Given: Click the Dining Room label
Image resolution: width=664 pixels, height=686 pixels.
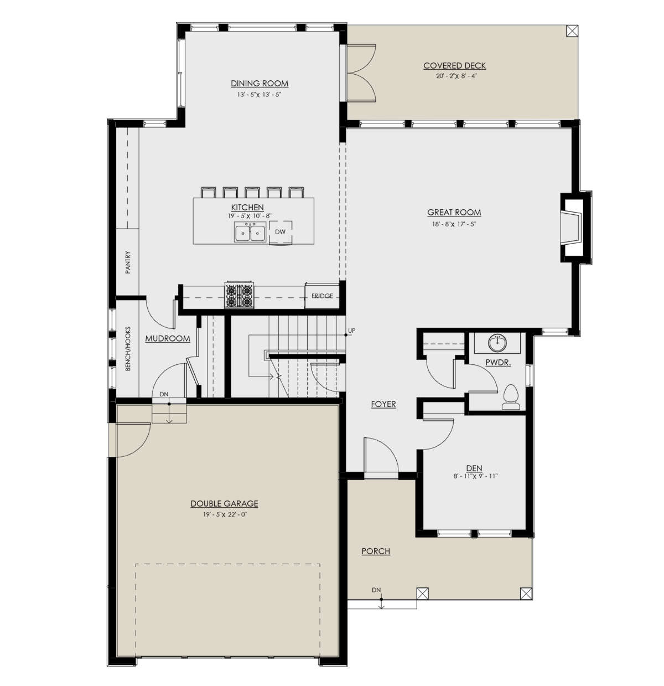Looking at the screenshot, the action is pyautogui.click(x=260, y=84).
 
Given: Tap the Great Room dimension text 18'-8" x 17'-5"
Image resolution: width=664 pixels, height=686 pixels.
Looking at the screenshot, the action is pyautogui.click(x=454, y=224).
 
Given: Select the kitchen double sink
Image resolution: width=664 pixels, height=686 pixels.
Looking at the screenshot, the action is pyautogui.click(x=251, y=233).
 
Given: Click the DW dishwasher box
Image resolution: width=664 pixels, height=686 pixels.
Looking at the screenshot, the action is pyautogui.click(x=281, y=232).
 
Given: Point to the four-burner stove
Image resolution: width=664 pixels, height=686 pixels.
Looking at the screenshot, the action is pyautogui.click(x=240, y=295).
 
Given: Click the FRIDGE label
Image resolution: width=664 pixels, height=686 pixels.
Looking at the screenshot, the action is pyautogui.click(x=322, y=296).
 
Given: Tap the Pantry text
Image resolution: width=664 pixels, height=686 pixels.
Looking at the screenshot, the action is pyautogui.click(x=128, y=262).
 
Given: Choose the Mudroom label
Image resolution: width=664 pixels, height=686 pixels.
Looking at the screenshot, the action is pyautogui.click(x=168, y=339).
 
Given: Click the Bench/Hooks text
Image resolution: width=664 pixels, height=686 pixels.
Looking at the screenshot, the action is pyautogui.click(x=128, y=349).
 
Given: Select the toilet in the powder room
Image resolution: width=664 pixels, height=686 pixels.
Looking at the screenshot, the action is pyautogui.click(x=511, y=398).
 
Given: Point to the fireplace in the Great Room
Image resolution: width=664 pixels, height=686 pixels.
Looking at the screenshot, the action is pyautogui.click(x=575, y=228).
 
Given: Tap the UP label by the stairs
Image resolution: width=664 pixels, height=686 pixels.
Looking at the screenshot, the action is pyautogui.click(x=351, y=331).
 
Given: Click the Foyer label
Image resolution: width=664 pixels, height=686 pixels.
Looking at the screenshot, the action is pyautogui.click(x=383, y=404).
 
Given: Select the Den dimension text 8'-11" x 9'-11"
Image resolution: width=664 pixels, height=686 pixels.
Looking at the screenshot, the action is pyautogui.click(x=475, y=476).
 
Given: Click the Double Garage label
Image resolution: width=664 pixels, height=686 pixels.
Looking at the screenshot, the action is pyautogui.click(x=225, y=504).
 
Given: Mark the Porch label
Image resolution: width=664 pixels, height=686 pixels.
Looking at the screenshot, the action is pyautogui.click(x=376, y=551).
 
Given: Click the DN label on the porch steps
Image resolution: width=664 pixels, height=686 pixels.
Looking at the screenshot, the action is pyautogui.click(x=376, y=590).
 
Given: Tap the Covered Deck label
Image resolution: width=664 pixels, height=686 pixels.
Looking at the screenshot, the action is pyautogui.click(x=454, y=65).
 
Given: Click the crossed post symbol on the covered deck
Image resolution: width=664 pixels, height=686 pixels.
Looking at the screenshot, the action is pyautogui.click(x=573, y=30).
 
